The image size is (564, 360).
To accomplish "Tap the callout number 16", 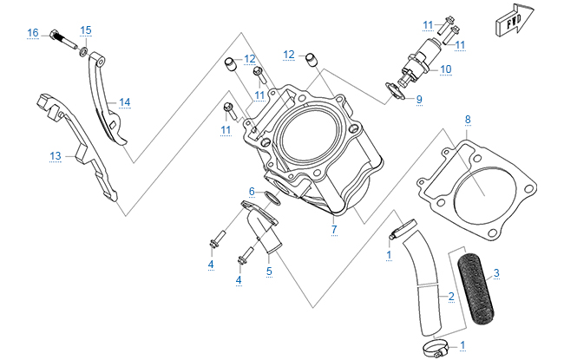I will [x=33, y=33].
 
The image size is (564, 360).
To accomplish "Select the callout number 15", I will [x=85, y=30].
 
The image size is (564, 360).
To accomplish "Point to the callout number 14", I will [x=125, y=102].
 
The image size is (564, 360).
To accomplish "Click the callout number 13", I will [x=55, y=156].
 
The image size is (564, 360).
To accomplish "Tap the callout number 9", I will [x=418, y=100].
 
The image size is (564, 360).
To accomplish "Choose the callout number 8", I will [x=468, y=119].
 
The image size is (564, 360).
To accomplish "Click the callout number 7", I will [x=332, y=229].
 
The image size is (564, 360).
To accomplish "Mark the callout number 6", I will [x=252, y=192].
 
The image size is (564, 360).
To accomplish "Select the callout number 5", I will [x=269, y=272].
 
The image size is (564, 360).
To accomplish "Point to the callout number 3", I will [x=496, y=274].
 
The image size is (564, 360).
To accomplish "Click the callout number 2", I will [x=451, y=297].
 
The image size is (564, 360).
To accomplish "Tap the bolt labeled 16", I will [x=63, y=38].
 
